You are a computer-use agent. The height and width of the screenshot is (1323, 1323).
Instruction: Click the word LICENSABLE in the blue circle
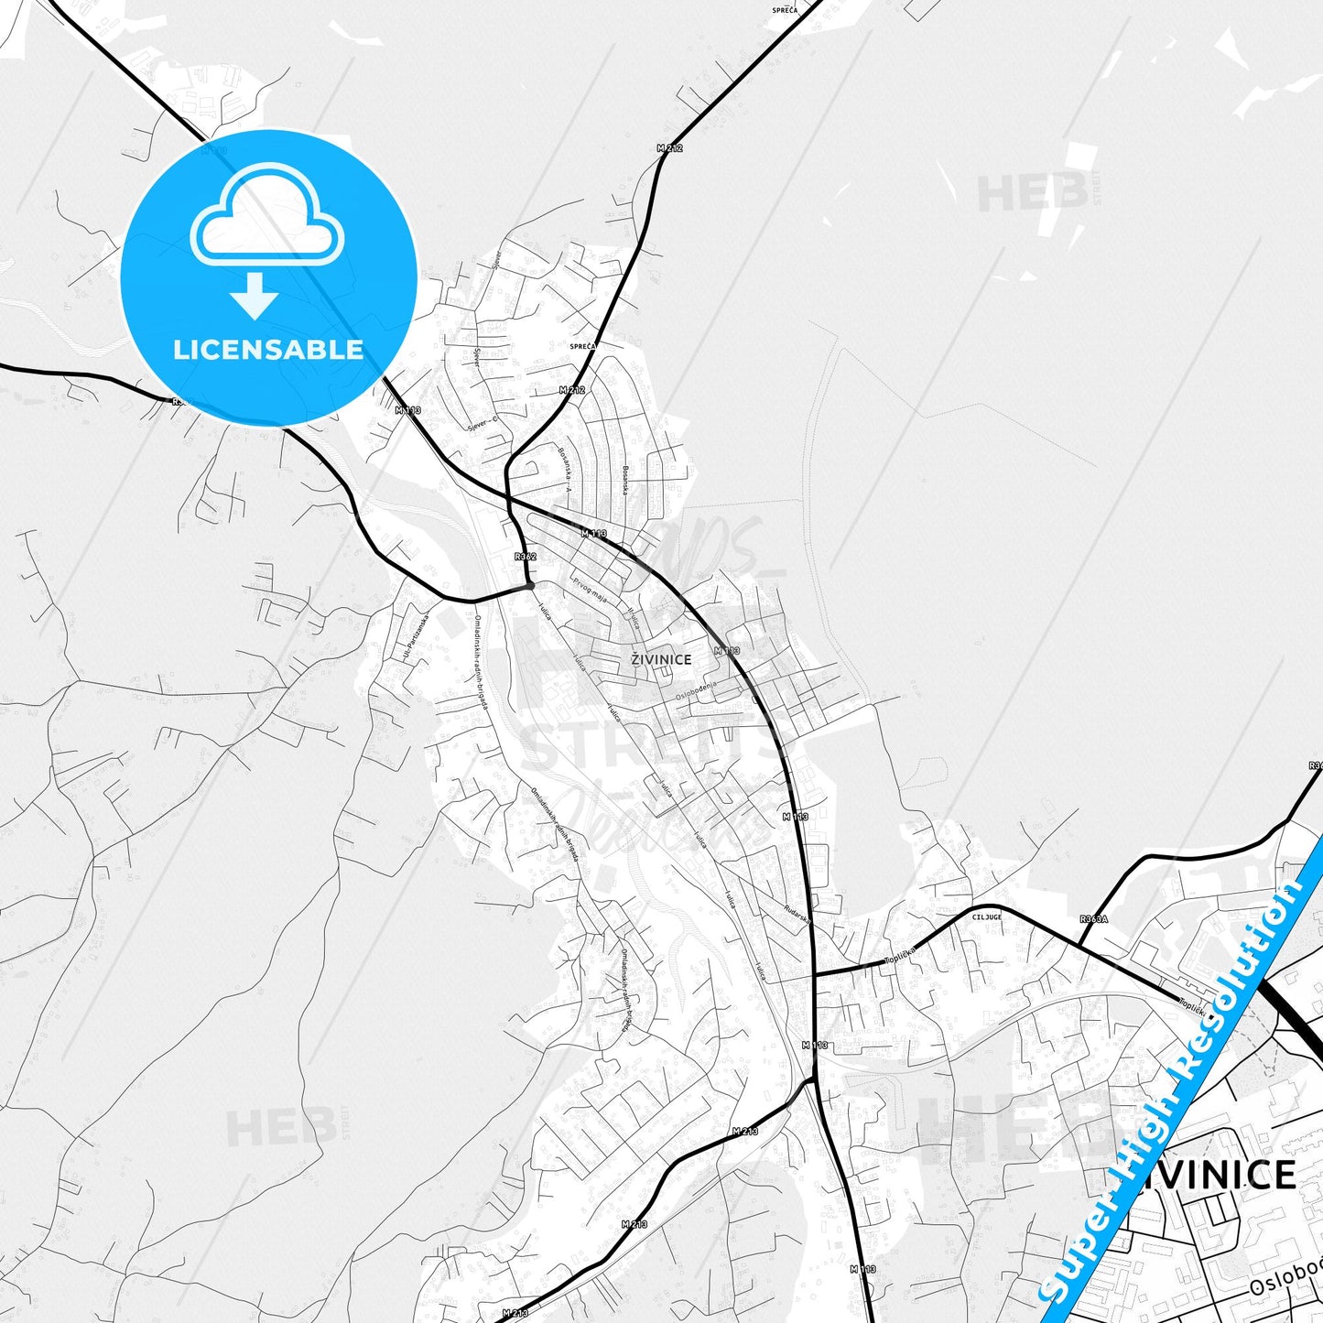click(x=268, y=350)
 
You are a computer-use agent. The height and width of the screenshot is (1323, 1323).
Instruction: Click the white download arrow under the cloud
click(x=255, y=297)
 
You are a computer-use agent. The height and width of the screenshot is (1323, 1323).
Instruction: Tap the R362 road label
click(x=526, y=556)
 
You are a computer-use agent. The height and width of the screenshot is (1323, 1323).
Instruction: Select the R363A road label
click(x=1093, y=918)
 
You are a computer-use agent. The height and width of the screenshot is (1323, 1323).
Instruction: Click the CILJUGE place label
click(x=987, y=916)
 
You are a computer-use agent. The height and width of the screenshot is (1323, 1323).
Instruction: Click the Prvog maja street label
click(x=591, y=590)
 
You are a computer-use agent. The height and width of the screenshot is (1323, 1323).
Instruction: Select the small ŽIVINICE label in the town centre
click(x=661, y=659)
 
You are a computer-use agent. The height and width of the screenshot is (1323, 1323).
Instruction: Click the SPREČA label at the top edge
click(x=785, y=10)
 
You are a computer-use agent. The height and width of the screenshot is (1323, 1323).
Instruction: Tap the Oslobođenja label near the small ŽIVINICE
click(x=698, y=691)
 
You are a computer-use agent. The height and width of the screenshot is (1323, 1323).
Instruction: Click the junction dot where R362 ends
click(x=529, y=584)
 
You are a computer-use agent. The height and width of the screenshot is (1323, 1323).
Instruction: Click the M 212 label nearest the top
click(x=669, y=147)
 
